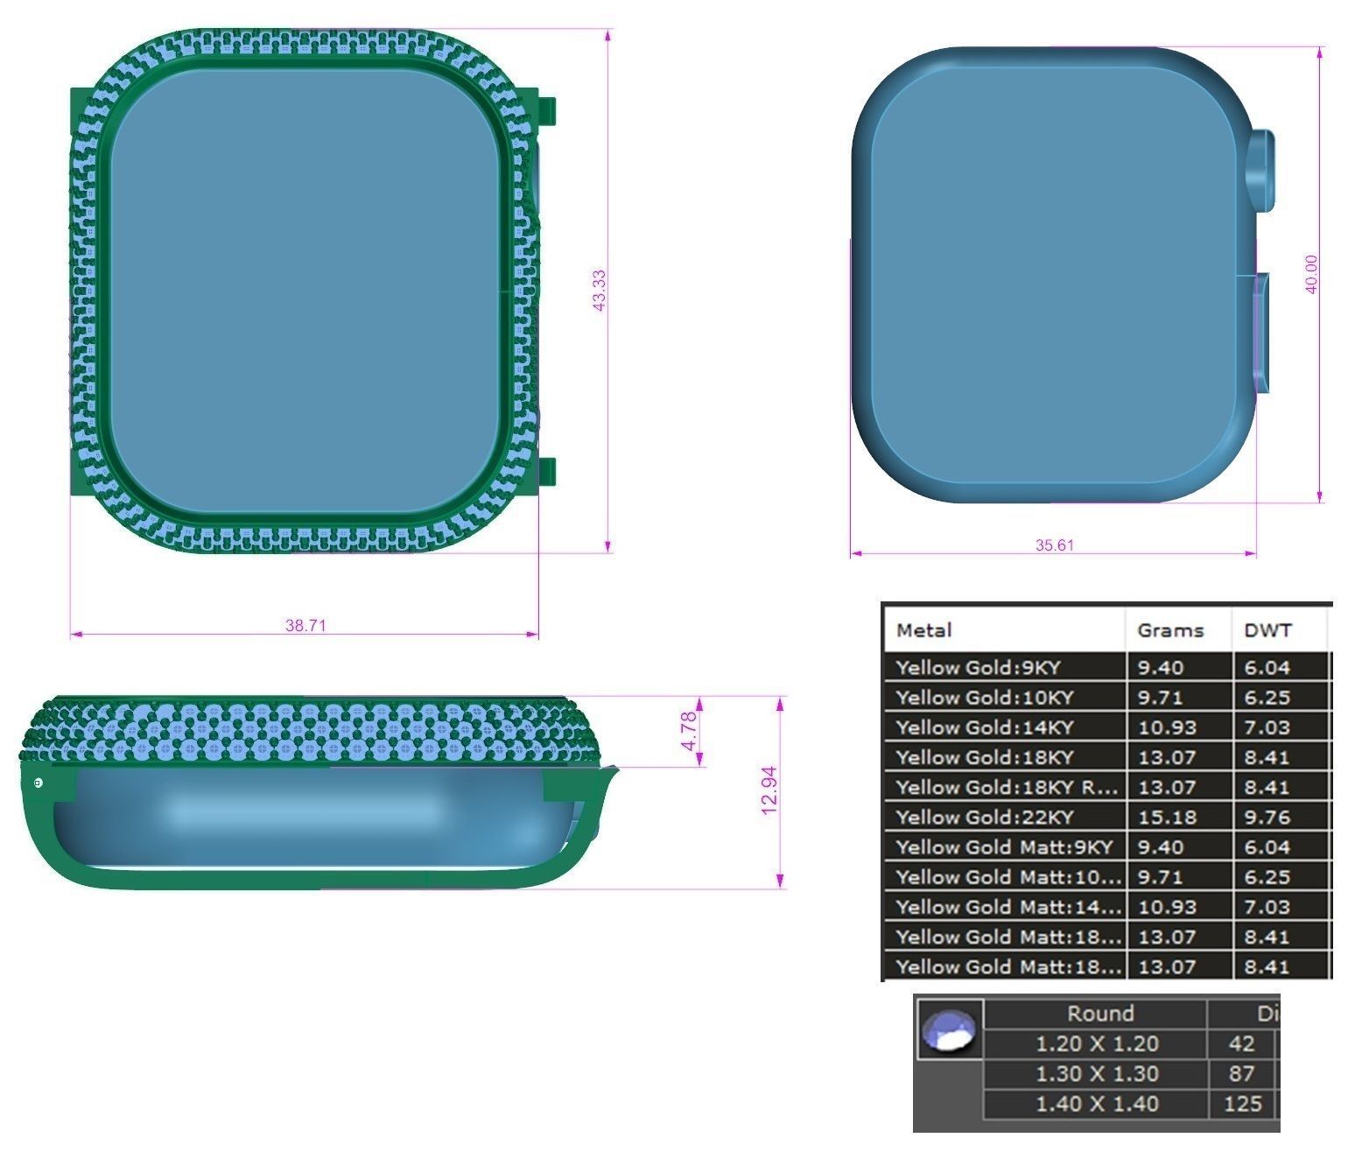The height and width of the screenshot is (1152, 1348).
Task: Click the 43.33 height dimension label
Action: click(599, 291)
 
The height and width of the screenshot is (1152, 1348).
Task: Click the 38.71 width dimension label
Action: click(305, 626)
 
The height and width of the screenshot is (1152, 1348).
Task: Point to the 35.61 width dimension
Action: click(1054, 545)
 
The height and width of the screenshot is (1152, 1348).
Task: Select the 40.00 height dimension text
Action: click(1311, 274)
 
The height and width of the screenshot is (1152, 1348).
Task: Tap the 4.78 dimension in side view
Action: click(689, 731)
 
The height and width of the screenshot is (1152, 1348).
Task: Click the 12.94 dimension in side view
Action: click(769, 790)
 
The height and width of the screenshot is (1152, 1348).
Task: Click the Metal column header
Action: click(923, 630)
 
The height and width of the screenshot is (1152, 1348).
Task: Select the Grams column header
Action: click(1170, 630)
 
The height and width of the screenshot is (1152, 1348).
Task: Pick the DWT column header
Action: click(1267, 630)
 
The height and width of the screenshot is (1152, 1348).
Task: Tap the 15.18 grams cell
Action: click(1161, 818)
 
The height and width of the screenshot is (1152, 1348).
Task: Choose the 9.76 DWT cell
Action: click(1267, 818)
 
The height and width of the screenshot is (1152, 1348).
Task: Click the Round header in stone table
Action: click(1099, 1014)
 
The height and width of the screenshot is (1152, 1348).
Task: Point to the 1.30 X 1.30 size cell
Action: click(1097, 1074)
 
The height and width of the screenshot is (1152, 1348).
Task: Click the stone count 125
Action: click(1243, 1104)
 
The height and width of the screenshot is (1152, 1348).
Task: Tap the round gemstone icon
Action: click(950, 1029)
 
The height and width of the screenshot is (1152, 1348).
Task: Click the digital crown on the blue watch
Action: click(1262, 171)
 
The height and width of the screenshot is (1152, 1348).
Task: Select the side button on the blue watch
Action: click(1260, 331)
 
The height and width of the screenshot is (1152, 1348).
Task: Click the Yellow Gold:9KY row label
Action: click(978, 668)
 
